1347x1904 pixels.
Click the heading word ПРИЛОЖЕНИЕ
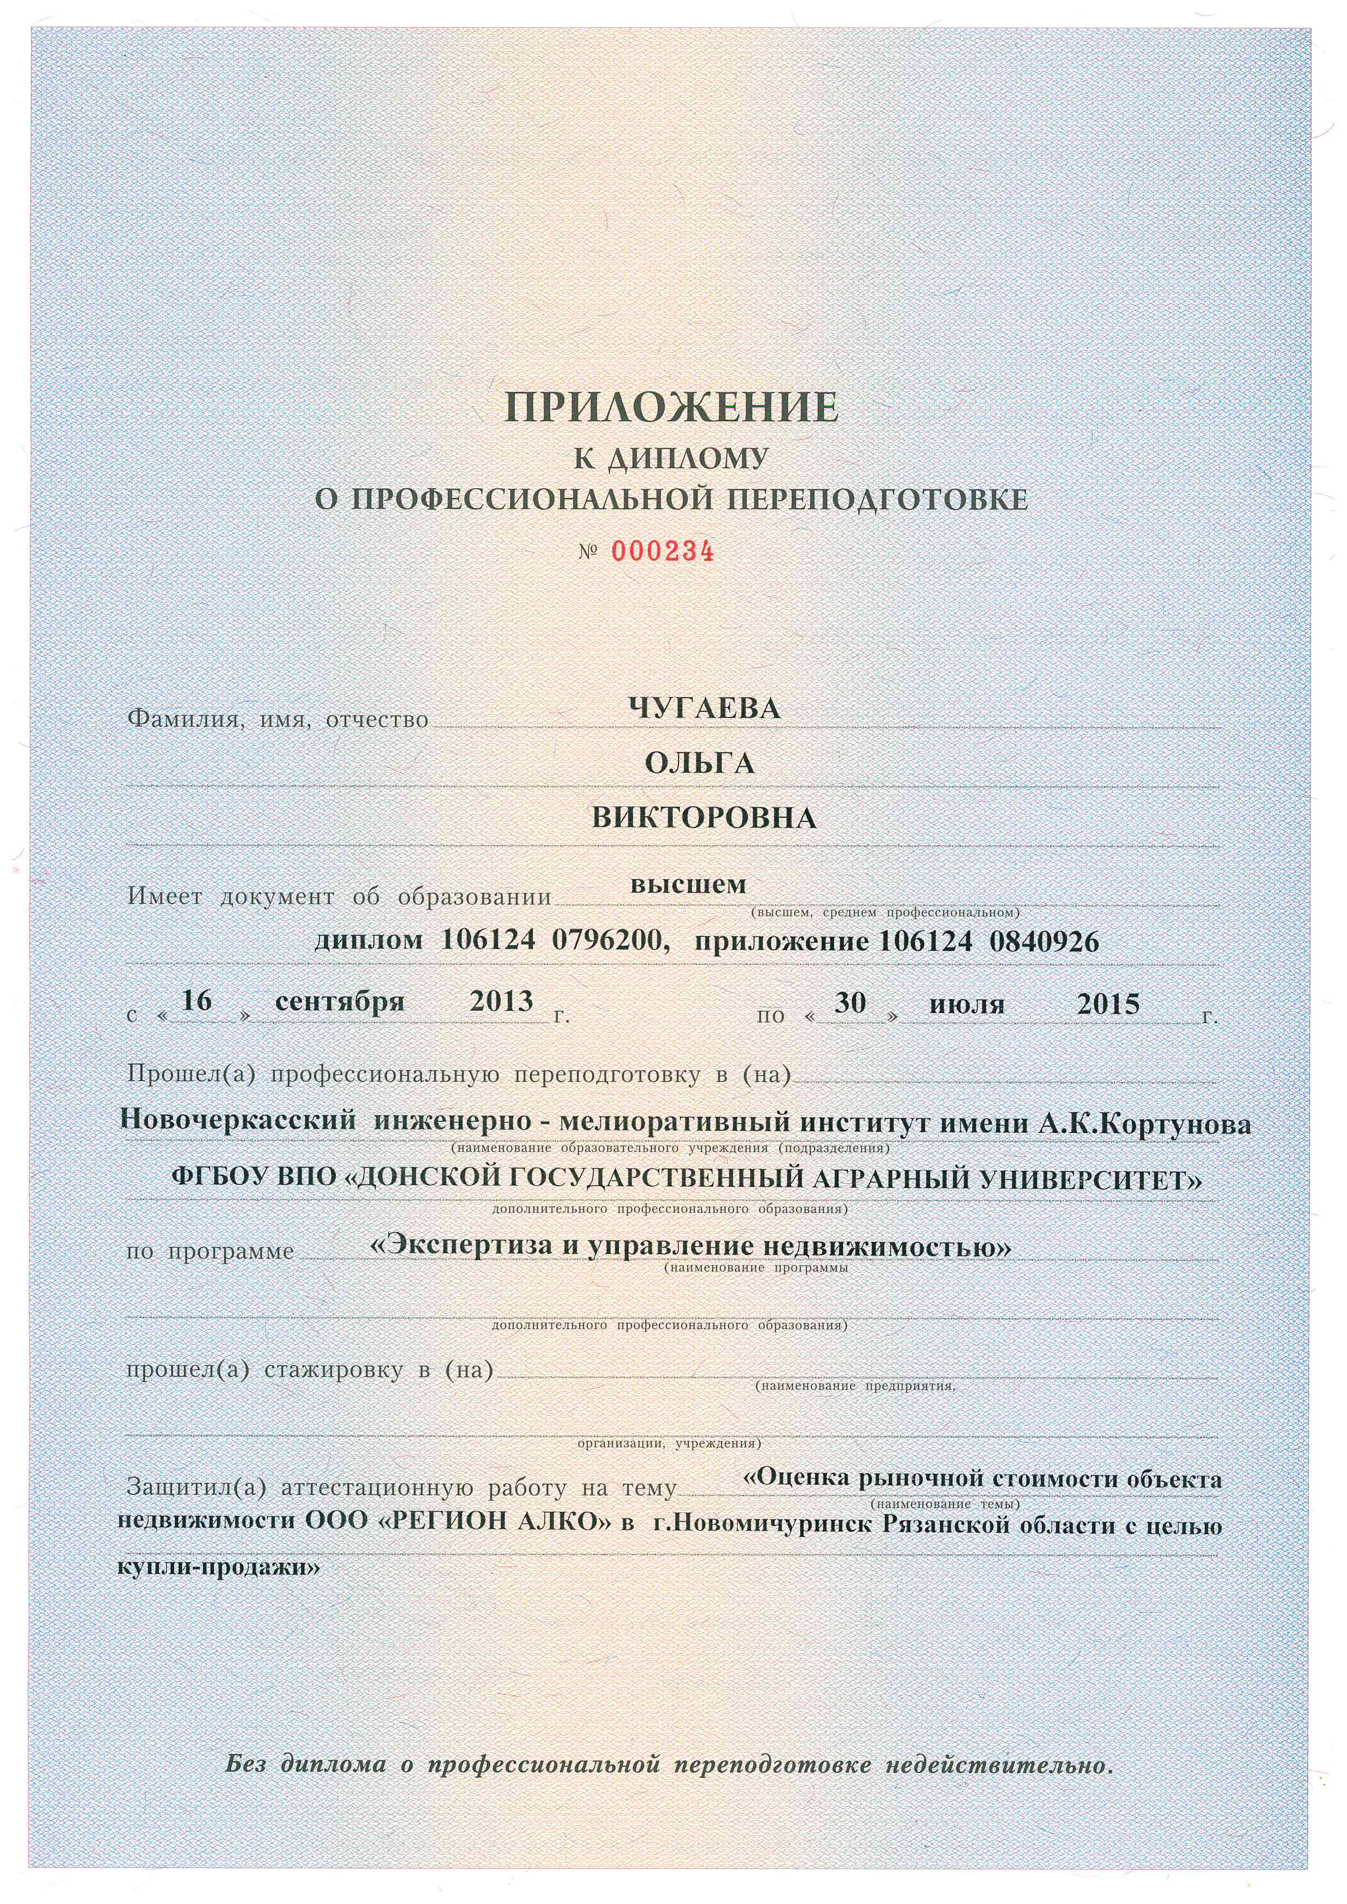(x=672, y=408)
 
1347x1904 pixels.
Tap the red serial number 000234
(x=662, y=552)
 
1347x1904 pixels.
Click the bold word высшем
(x=688, y=885)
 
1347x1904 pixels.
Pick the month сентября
(x=339, y=1001)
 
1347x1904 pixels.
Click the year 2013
(x=501, y=1001)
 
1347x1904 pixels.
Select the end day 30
(x=850, y=1003)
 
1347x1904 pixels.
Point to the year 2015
(x=1108, y=1005)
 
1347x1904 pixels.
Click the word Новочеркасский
(x=238, y=1121)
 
